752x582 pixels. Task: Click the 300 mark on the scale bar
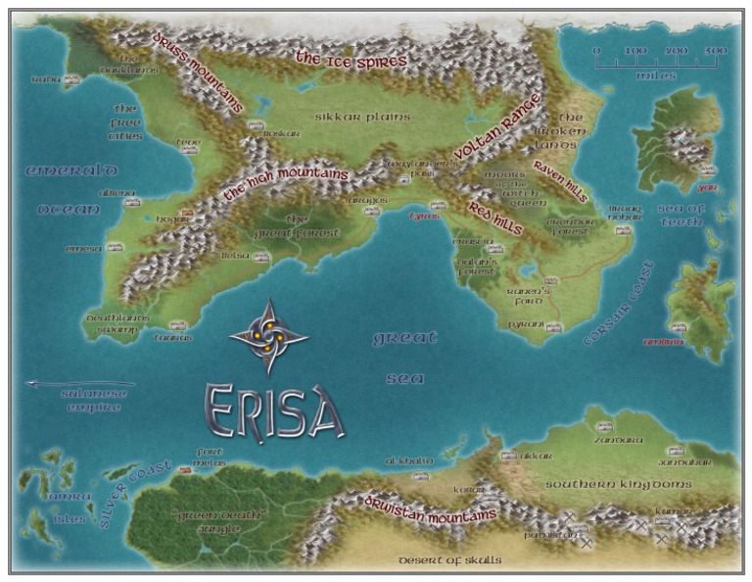[x=716, y=51]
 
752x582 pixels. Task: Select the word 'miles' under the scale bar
[x=655, y=74]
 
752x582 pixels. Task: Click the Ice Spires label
[x=351, y=60]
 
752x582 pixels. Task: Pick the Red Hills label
[x=494, y=220]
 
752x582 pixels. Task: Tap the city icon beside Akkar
[x=508, y=456]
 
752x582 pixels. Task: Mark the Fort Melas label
[x=211, y=457]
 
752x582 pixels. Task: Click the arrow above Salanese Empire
[x=78, y=384]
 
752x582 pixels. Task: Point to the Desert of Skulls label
[x=449, y=560]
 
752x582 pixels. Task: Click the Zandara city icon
[x=603, y=426]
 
